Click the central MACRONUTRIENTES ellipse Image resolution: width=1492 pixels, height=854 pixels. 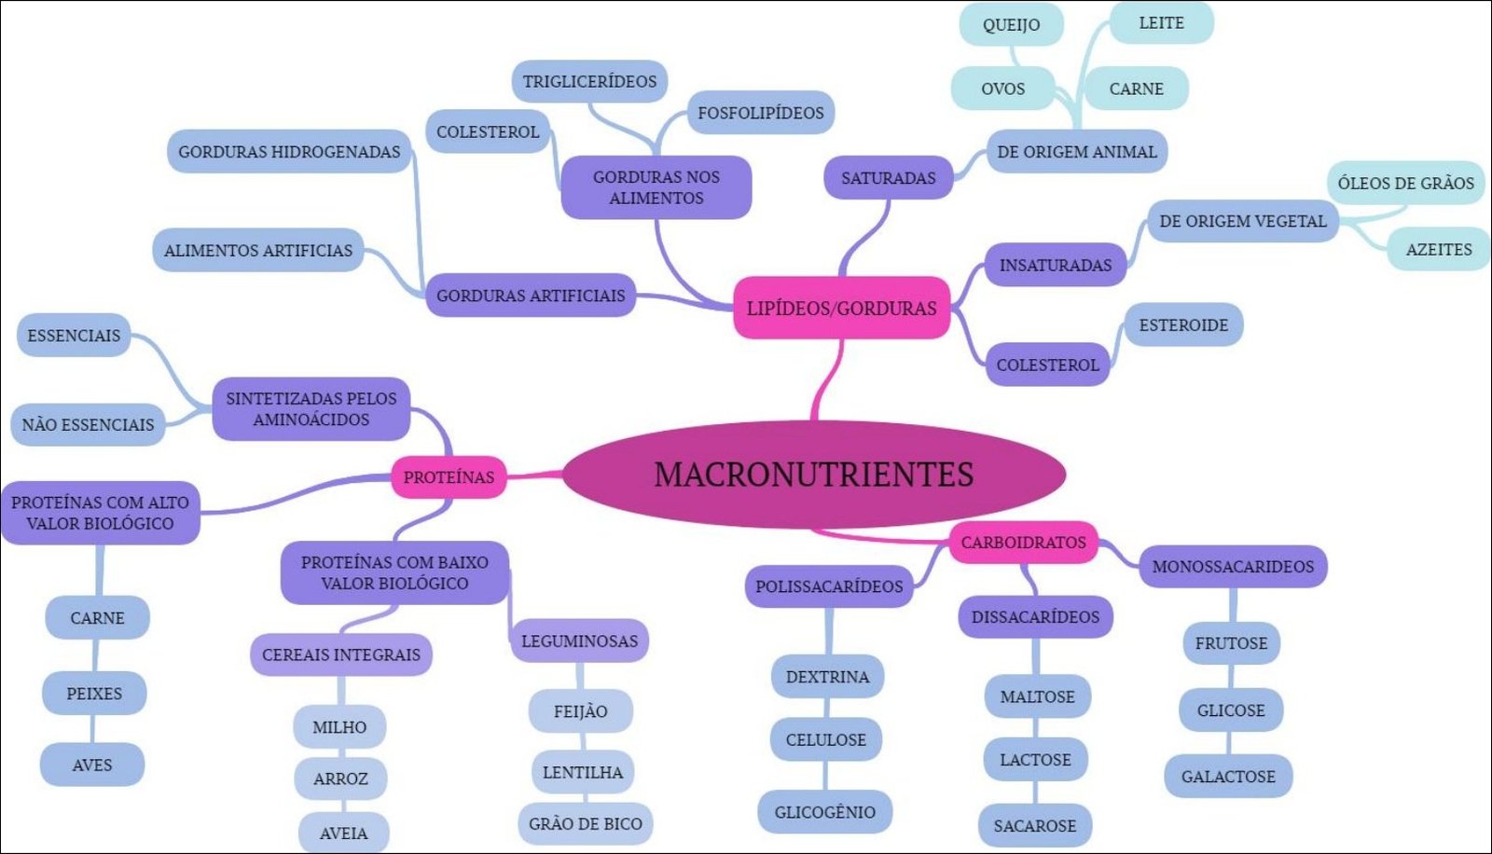[x=814, y=474]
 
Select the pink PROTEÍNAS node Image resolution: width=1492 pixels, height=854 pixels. [x=449, y=476]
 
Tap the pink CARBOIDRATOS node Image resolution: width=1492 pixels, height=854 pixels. [x=1023, y=542]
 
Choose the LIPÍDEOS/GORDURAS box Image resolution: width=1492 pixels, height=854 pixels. [x=841, y=308]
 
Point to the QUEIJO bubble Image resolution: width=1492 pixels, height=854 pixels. [x=1011, y=25]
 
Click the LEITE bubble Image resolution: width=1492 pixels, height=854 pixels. [x=1161, y=22]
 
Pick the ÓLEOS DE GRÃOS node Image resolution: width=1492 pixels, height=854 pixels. [x=1405, y=183]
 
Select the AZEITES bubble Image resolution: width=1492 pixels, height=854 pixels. [x=1439, y=249]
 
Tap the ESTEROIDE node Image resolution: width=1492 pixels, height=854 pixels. [x=1183, y=324]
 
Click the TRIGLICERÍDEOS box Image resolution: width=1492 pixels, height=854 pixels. [x=589, y=81]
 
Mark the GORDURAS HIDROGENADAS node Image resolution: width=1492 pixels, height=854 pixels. [x=289, y=151]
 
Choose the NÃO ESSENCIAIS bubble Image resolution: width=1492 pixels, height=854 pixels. [x=88, y=424]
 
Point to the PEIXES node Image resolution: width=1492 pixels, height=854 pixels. [x=94, y=693]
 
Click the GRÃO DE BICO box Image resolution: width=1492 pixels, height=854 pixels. [x=585, y=823]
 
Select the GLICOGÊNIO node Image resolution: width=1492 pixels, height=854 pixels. [x=825, y=811]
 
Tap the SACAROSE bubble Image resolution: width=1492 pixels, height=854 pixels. [x=1035, y=825]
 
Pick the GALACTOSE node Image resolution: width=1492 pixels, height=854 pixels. [x=1228, y=776]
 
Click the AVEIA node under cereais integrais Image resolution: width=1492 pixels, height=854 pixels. [x=343, y=833]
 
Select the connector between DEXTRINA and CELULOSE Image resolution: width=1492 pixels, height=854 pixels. [x=827, y=708]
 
